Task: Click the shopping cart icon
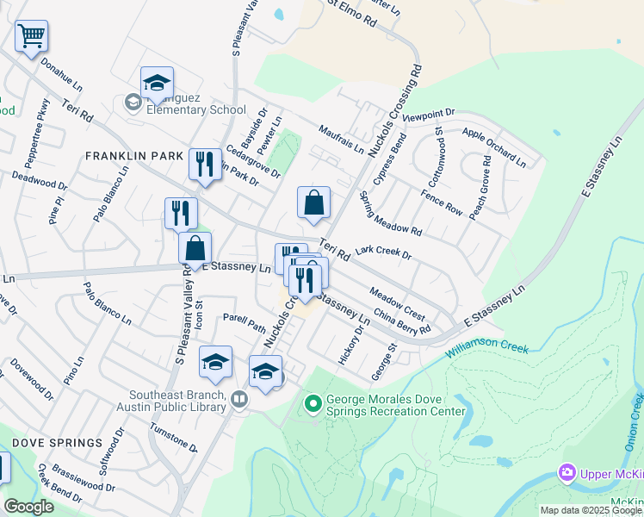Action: click(31, 36)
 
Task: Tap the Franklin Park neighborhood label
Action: click(134, 156)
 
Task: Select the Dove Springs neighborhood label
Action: click(58, 443)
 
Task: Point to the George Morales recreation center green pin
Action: click(312, 402)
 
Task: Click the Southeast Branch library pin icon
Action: click(239, 399)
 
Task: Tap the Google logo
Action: click(28, 507)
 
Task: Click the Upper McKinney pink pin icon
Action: click(567, 473)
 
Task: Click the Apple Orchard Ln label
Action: click(493, 146)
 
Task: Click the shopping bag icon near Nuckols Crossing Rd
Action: click(314, 202)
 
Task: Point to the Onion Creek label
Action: click(633, 421)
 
